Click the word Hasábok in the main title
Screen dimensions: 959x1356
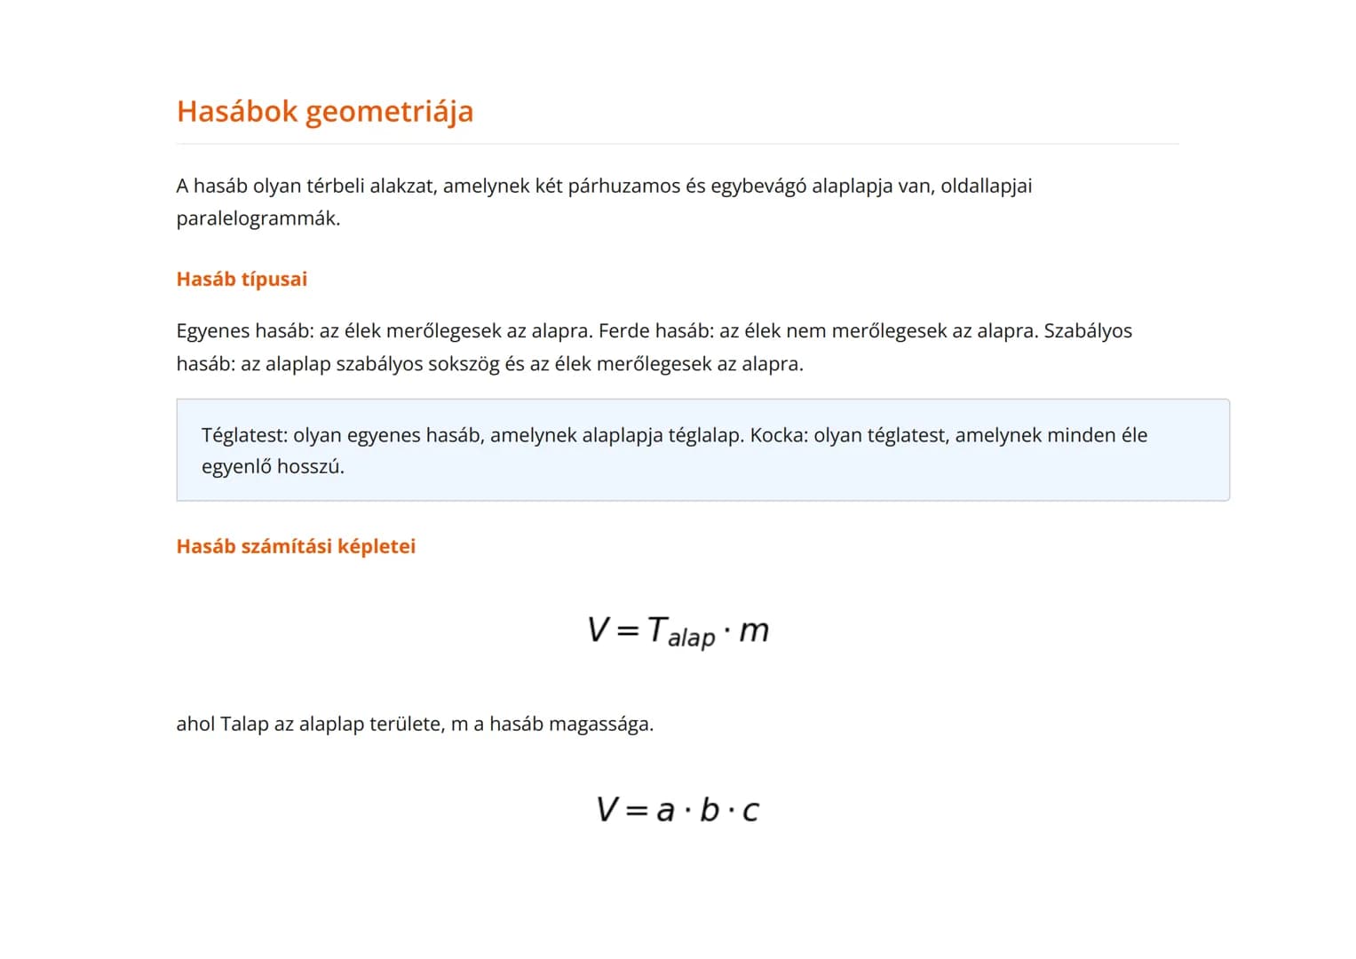coord(237,112)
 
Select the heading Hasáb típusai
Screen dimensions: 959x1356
coord(242,279)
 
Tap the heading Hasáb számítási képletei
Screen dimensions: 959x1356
coord(296,546)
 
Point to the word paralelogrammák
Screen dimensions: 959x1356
coord(258,218)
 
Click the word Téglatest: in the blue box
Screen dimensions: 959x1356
coord(244,435)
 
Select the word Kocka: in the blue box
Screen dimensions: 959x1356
coord(779,435)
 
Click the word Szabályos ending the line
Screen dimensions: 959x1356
coord(1088,331)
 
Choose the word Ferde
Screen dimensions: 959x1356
coord(623,331)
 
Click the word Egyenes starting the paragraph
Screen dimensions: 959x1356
coord(212,331)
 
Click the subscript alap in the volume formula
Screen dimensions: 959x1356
coord(691,638)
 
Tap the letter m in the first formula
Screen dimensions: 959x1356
coord(754,630)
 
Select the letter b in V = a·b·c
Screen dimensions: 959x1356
coord(709,810)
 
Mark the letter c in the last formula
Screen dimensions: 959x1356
coord(750,812)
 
